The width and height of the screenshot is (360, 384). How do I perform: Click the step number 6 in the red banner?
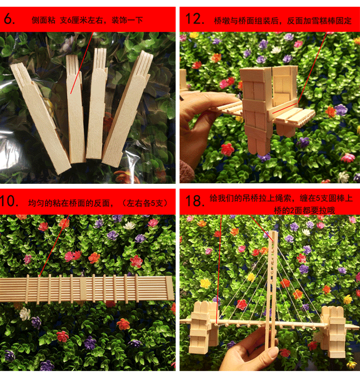click(x=9, y=19)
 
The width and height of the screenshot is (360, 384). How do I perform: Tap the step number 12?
click(x=195, y=19)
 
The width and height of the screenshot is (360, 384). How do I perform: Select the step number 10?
click(x=9, y=201)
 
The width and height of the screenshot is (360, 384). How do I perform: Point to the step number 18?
click(x=195, y=201)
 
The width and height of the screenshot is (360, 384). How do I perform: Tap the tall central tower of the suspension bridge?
click(x=272, y=289)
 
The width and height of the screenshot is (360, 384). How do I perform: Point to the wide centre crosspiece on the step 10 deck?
click(x=83, y=289)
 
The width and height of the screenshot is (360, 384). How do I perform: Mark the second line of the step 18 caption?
click(x=304, y=210)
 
